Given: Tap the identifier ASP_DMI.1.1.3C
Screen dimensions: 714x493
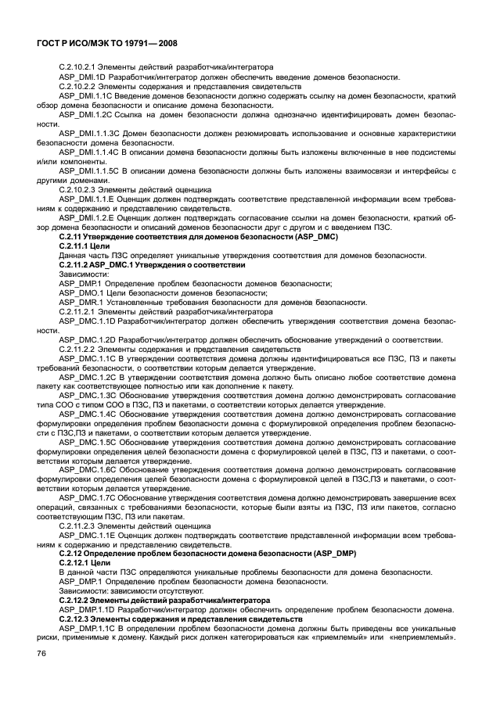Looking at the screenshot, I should point(89,135).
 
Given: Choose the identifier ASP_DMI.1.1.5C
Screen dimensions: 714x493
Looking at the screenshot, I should point(89,169).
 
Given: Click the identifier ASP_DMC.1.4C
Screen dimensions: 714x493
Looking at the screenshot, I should point(88,414).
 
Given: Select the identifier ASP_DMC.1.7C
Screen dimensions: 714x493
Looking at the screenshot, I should point(88,497).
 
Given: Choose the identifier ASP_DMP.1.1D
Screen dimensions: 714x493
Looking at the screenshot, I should point(88,610).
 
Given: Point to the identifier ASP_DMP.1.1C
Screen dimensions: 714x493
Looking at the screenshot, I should point(88,629).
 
